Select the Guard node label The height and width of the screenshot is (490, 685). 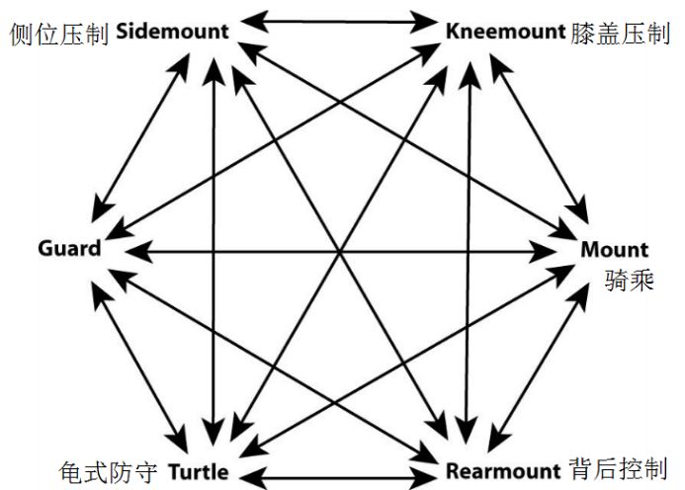[x=69, y=247]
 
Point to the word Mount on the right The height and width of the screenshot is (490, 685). [x=614, y=249]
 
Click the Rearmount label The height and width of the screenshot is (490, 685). [x=504, y=471]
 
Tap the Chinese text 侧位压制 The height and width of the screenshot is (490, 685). [x=58, y=33]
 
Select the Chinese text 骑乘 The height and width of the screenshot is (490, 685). [x=627, y=281]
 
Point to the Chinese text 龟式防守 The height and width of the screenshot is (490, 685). [x=108, y=471]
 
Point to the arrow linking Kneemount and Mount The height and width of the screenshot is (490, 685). [x=544, y=138]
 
